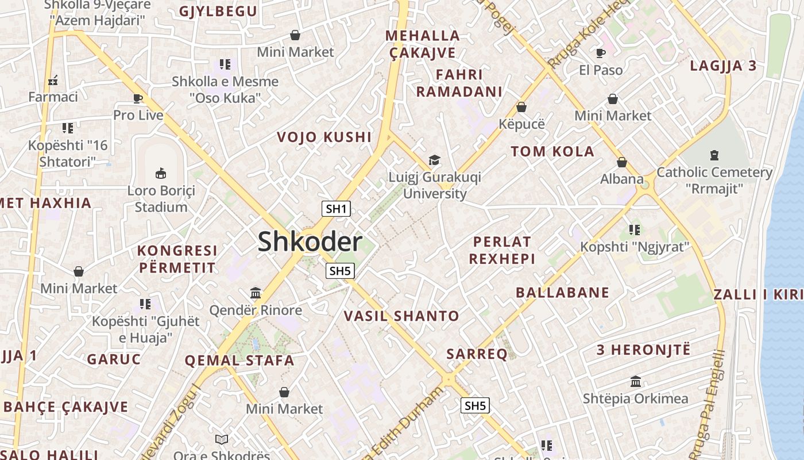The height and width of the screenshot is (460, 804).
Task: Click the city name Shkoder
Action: coord(310,241)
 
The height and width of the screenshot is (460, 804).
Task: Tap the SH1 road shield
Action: coord(336,209)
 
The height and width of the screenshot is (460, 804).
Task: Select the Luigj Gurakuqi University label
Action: coord(435,185)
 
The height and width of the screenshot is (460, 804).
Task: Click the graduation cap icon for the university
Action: coord(435,160)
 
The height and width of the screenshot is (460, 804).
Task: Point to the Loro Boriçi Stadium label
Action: coord(161,199)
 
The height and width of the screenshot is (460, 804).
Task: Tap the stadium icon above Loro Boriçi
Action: coord(161,173)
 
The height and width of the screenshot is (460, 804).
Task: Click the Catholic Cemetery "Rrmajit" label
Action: coord(714,180)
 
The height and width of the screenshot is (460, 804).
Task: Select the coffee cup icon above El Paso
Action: coord(601,53)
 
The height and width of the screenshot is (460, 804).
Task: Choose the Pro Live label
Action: coord(138,115)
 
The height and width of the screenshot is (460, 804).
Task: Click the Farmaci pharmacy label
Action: coord(53,97)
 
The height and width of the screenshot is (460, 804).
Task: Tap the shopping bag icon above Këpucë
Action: coord(521,107)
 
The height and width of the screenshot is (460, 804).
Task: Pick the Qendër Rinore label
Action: coord(256,310)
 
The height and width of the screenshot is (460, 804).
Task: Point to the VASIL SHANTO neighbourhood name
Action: coord(401,316)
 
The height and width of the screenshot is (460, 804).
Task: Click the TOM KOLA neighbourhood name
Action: coord(552,152)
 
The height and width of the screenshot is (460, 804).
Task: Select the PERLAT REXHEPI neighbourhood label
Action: coord(502,250)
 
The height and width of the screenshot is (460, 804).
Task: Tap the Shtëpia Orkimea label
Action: coord(635,398)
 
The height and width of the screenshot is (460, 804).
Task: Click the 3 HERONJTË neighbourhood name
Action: coord(643,350)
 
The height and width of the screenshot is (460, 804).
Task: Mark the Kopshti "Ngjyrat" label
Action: coord(634,247)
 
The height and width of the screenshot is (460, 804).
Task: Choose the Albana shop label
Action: coord(622,179)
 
